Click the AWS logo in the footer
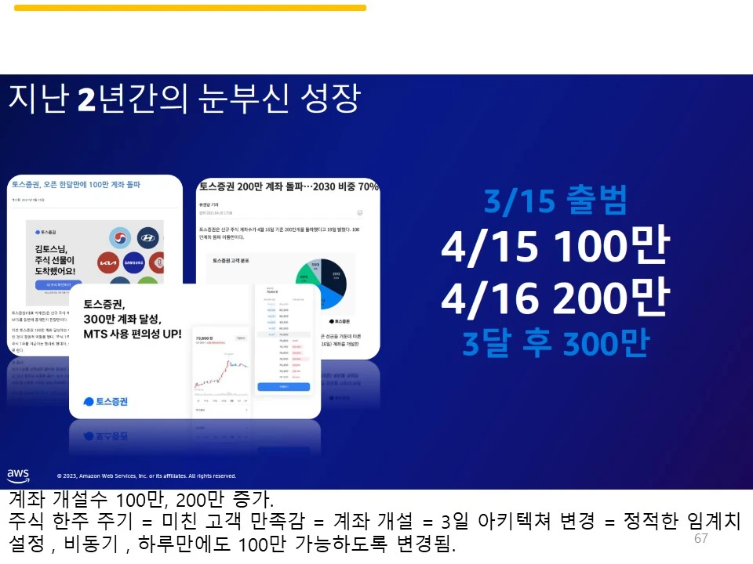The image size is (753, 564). [x=18, y=475]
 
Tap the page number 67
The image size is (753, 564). [x=701, y=539]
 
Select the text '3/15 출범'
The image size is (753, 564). [x=555, y=202]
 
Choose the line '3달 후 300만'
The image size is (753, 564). [x=555, y=343]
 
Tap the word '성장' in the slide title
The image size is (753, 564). [x=329, y=99]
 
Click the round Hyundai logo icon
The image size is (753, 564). [x=147, y=238]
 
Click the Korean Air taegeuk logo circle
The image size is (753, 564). [x=120, y=238]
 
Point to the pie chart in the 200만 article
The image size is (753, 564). [x=321, y=283]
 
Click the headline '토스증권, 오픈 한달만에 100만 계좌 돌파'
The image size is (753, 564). [x=75, y=185]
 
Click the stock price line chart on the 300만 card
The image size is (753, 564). [x=221, y=371]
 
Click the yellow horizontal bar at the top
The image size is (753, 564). [x=190, y=8]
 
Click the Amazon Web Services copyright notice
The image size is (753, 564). [x=146, y=475]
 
